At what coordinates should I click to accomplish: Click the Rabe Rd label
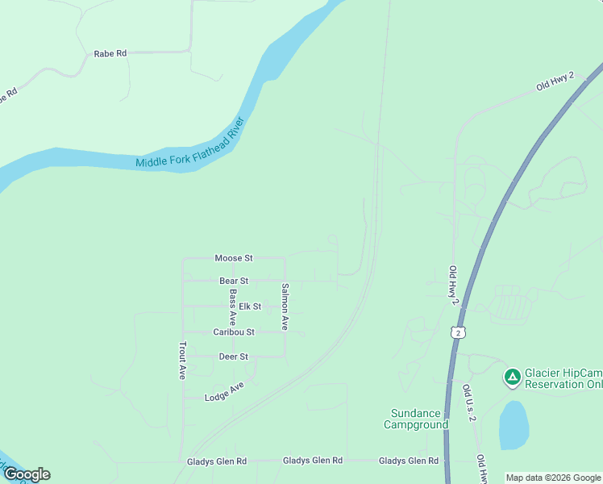click(x=110, y=53)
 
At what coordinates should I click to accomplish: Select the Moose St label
click(x=234, y=258)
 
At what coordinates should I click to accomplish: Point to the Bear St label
click(x=234, y=281)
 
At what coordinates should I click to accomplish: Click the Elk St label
click(x=250, y=307)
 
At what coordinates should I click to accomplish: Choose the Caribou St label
click(x=234, y=332)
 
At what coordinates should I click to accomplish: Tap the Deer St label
click(x=234, y=357)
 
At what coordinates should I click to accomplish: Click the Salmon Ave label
click(x=285, y=307)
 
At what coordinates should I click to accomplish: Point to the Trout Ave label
click(x=183, y=361)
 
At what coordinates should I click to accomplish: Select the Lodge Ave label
click(x=224, y=392)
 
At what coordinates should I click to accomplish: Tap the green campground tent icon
click(x=512, y=377)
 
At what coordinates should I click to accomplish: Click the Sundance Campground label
click(x=415, y=419)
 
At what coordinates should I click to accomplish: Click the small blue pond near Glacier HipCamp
click(x=514, y=424)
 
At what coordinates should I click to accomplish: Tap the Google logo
click(x=27, y=474)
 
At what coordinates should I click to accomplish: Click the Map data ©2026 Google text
click(x=553, y=478)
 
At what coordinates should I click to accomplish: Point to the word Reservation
click(x=555, y=384)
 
